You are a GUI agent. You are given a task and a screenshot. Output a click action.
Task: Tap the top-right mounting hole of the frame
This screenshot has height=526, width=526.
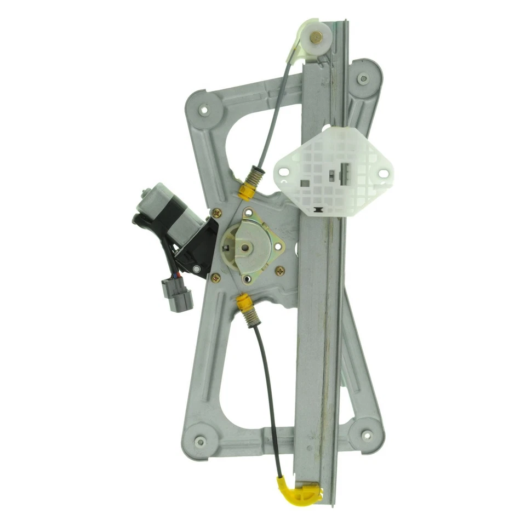pyautogui.click(x=362, y=78)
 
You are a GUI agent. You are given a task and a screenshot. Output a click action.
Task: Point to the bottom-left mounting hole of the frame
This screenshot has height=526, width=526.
pyautogui.click(x=200, y=441)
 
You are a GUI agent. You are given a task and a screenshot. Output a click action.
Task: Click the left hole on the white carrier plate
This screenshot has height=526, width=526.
pyautogui.click(x=284, y=173)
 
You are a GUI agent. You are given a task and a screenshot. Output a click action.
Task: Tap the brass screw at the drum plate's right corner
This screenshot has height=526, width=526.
pyautogui.click(x=281, y=270)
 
